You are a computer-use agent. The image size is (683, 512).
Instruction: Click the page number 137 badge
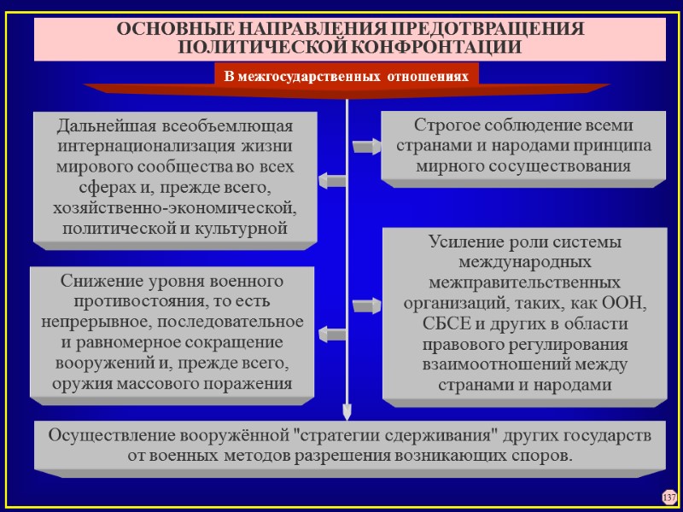point(668,497)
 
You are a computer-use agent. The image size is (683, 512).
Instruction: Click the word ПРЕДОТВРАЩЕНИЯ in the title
point(470,27)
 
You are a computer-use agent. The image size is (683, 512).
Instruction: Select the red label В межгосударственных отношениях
point(346,76)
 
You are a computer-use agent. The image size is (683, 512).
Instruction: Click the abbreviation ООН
point(627,303)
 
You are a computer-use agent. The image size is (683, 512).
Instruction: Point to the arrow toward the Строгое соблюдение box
point(366,147)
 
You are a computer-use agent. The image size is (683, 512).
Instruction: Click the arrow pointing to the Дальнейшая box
point(331,180)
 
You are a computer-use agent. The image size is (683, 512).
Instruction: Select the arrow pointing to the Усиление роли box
point(366,303)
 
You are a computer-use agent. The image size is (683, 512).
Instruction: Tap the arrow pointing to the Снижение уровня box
point(331,333)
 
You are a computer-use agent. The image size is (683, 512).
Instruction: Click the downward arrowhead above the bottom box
point(347,413)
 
